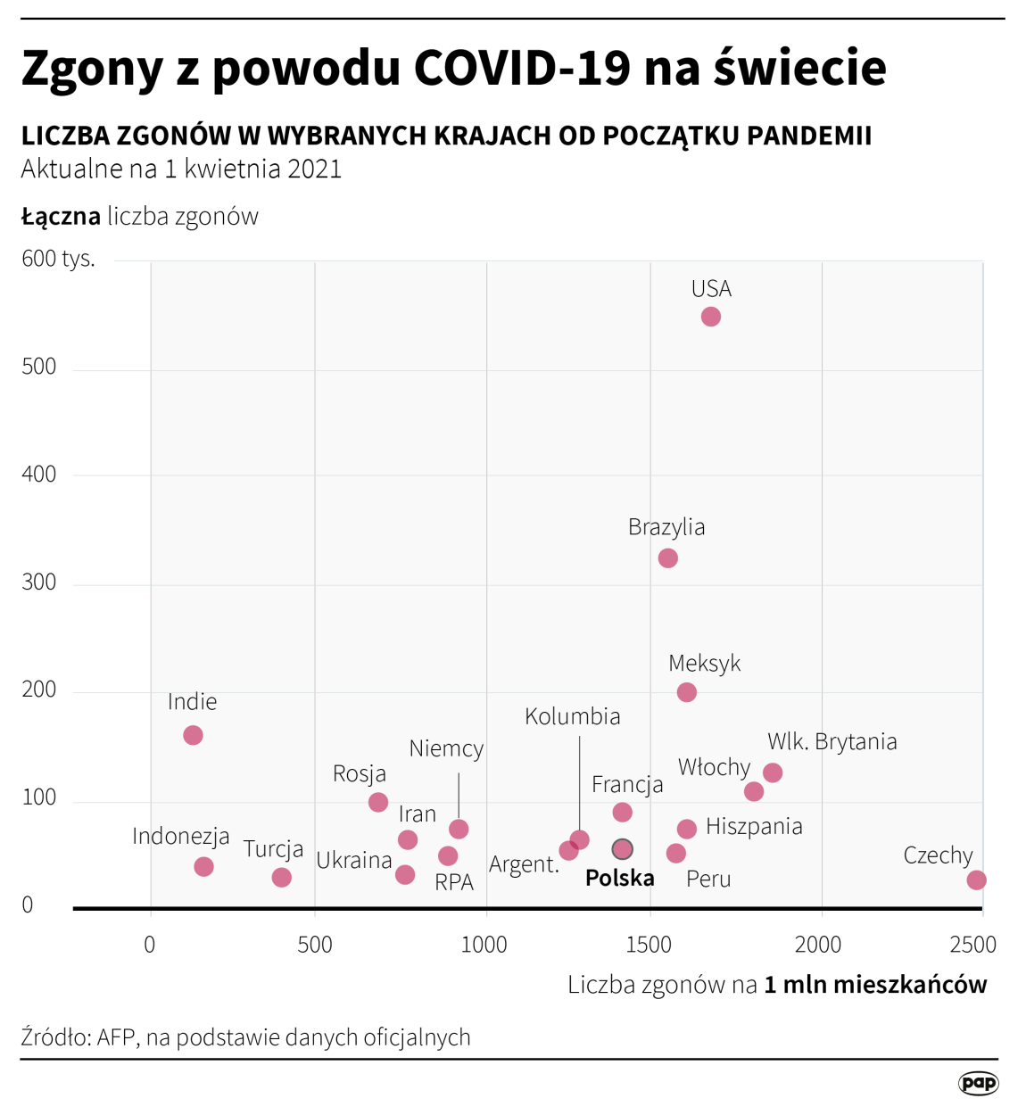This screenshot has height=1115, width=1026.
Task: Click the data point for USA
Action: [710, 317]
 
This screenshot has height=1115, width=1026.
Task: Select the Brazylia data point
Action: [667, 558]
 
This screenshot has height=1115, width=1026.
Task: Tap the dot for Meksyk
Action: [686, 692]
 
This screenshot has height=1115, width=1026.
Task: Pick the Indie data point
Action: [193, 735]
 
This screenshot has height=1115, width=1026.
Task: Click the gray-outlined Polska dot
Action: [622, 849]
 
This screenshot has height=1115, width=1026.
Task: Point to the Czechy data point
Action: [976, 880]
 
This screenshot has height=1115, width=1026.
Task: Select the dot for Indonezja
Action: [203, 867]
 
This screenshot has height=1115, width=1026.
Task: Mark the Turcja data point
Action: [281, 878]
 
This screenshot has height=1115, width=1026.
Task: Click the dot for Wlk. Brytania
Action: [773, 772]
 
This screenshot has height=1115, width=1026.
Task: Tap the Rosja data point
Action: [378, 802]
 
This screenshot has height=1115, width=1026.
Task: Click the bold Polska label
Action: [619, 879]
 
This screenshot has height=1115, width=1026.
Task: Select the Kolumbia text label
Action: [572, 717]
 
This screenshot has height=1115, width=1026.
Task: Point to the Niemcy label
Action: [446, 749]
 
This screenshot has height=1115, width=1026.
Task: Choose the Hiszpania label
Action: [754, 827]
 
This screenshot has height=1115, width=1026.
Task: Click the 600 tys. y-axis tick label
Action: [58, 259]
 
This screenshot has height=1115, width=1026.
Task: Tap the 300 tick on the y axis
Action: [39, 582]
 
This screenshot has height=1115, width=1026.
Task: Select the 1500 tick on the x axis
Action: [649, 945]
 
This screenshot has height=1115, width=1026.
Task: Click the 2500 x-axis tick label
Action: [972, 945]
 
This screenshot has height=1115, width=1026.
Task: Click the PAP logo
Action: [978, 1083]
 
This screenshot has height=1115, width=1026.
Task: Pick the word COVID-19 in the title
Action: [522, 68]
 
